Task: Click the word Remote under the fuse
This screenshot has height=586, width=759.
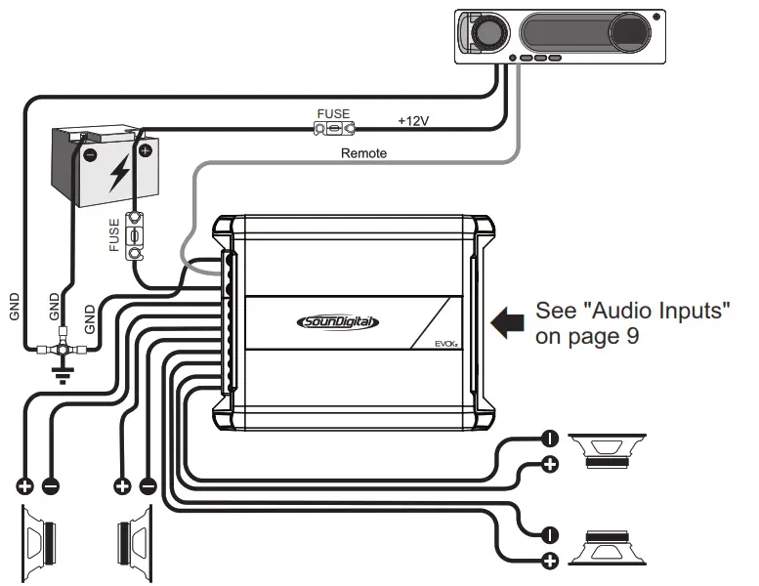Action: tap(363, 153)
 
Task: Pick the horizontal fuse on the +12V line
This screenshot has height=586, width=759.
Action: tap(333, 129)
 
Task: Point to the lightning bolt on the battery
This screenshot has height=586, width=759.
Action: tap(119, 173)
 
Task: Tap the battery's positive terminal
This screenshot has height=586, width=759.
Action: tap(146, 150)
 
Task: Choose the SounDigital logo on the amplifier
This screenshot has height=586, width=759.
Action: tap(337, 322)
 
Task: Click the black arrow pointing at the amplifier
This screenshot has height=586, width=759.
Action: tap(508, 323)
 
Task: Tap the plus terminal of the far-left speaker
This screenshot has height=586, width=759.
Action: tap(24, 485)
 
